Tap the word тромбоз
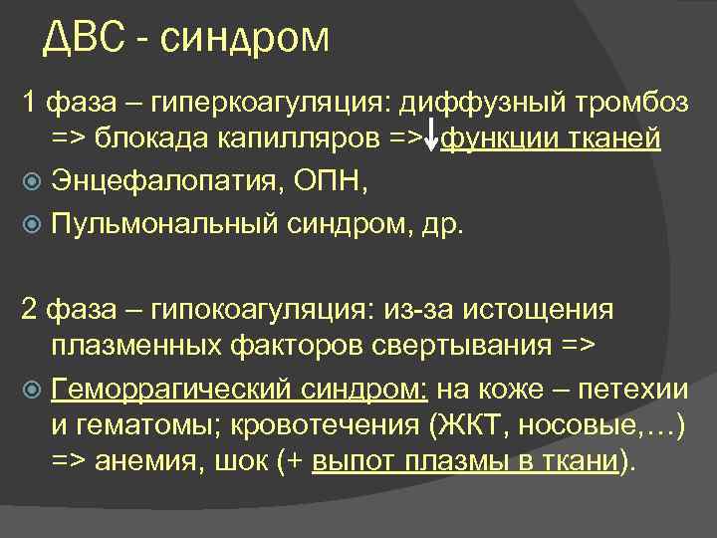click(638, 103)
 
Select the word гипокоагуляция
click(258, 310)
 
